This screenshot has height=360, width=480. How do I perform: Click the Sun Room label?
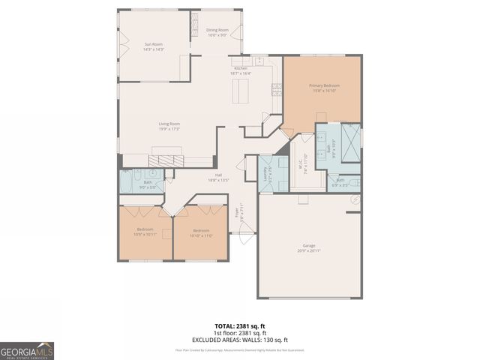(x=153, y=46)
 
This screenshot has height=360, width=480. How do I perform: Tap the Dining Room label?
(x=217, y=32)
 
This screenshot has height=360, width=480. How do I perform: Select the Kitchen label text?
(x=241, y=71)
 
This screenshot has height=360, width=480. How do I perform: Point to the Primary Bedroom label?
(x=325, y=88)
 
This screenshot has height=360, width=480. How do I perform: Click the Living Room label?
(x=169, y=126)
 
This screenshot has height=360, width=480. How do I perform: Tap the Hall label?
(x=217, y=177)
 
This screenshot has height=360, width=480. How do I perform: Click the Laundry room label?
(x=265, y=174)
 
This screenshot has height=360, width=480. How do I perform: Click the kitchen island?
(x=242, y=92)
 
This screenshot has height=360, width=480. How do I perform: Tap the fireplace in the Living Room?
(x=166, y=159)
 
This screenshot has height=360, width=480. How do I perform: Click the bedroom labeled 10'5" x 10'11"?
(x=145, y=232)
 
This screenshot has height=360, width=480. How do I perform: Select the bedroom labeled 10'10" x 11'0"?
(x=201, y=232)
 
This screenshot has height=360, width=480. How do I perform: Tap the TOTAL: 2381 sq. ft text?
(x=239, y=326)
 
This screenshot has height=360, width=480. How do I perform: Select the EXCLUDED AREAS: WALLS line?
(x=239, y=339)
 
